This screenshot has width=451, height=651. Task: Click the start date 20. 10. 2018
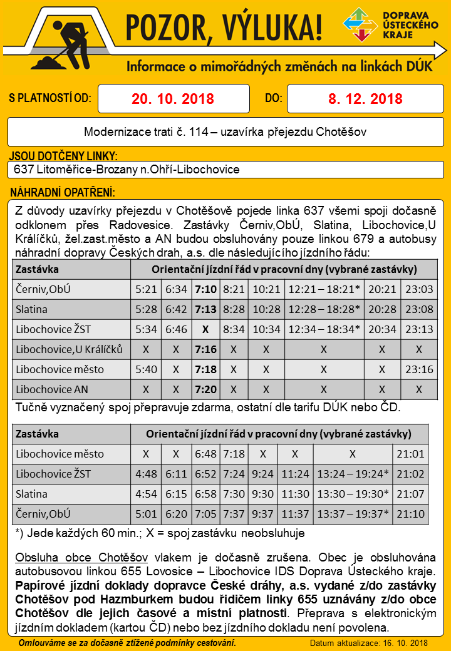(x=173, y=99)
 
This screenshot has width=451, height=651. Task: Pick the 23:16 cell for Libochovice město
(x=420, y=369)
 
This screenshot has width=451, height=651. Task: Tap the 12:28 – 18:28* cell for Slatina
(x=323, y=309)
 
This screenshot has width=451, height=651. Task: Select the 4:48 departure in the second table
(x=146, y=474)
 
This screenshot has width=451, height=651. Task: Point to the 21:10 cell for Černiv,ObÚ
(x=411, y=514)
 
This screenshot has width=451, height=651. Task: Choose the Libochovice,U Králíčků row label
(x=70, y=349)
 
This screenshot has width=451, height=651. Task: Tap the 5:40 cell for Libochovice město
(x=146, y=369)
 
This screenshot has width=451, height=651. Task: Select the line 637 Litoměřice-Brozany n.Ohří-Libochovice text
(x=127, y=170)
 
